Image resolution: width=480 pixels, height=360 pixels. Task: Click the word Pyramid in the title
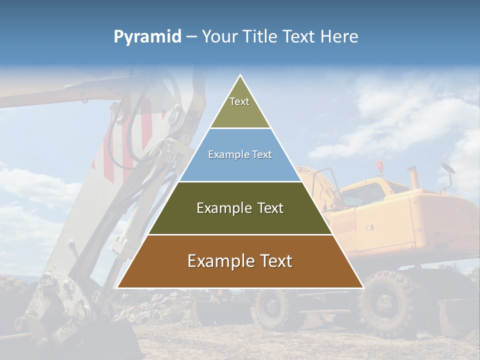(x=147, y=37)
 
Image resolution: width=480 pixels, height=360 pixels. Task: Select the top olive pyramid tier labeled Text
(x=240, y=107)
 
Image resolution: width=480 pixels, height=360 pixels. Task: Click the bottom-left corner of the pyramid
(x=118, y=287)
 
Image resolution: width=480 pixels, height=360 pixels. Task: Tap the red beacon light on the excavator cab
(x=380, y=166)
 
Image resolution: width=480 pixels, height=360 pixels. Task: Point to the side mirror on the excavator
(x=447, y=172)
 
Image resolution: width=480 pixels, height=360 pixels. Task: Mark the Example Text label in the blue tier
(x=240, y=154)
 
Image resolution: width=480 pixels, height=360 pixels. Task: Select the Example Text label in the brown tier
(x=240, y=261)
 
